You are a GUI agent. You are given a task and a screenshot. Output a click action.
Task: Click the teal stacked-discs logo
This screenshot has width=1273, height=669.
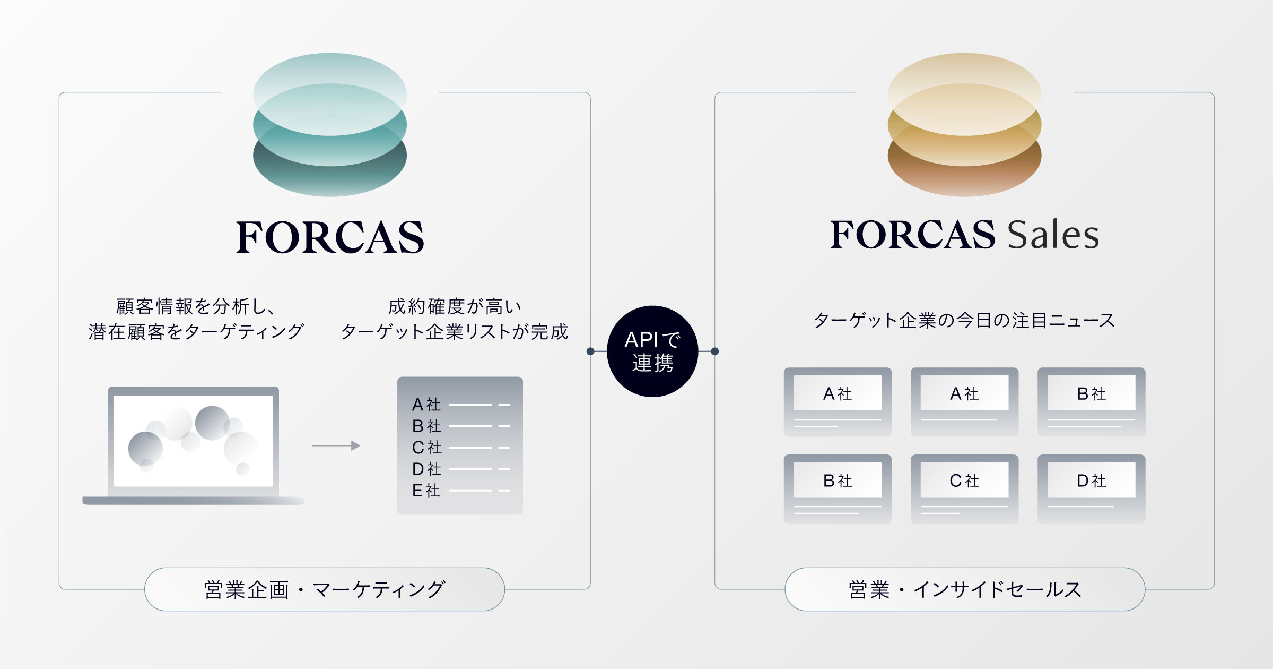(x=330, y=125)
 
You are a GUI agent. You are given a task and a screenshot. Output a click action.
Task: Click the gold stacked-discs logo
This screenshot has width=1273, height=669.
(x=964, y=125)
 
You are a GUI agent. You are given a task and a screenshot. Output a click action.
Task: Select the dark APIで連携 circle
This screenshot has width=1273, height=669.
(x=652, y=351)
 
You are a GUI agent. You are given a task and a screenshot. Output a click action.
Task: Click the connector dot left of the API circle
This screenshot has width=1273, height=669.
(x=590, y=351)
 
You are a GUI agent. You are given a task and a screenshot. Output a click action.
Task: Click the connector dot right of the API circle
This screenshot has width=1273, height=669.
(x=714, y=351)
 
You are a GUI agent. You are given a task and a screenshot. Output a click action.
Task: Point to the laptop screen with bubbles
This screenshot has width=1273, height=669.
(x=193, y=441)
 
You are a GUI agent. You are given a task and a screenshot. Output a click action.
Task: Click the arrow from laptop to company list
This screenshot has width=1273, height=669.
(x=336, y=446)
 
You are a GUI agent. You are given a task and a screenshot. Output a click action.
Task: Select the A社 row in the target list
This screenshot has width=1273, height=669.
(x=460, y=405)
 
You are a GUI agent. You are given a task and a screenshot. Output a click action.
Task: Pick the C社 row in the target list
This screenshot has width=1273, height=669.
(x=460, y=448)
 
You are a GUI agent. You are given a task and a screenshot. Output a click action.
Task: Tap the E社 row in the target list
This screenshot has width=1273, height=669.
(x=460, y=491)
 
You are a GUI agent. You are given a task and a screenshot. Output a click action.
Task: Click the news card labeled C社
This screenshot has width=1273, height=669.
(x=964, y=489)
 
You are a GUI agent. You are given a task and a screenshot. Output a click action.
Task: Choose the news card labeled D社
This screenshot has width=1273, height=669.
(x=1092, y=489)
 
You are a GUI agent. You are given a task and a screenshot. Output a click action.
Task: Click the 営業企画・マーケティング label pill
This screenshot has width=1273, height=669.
(x=325, y=589)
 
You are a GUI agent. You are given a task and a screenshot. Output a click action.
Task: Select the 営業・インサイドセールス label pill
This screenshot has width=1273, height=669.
(x=965, y=589)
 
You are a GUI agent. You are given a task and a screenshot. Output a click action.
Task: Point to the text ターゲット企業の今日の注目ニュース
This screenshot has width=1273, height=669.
(x=964, y=320)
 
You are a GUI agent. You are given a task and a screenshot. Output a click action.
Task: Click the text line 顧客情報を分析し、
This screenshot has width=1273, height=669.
(x=195, y=306)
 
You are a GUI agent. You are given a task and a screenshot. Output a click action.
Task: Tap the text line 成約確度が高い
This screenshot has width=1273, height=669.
(x=455, y=306)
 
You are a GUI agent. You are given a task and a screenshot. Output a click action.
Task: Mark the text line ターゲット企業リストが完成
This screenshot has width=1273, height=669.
(x=455, y=332)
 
